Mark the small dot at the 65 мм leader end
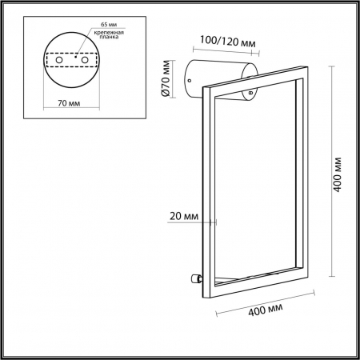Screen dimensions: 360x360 coord(76,56)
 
